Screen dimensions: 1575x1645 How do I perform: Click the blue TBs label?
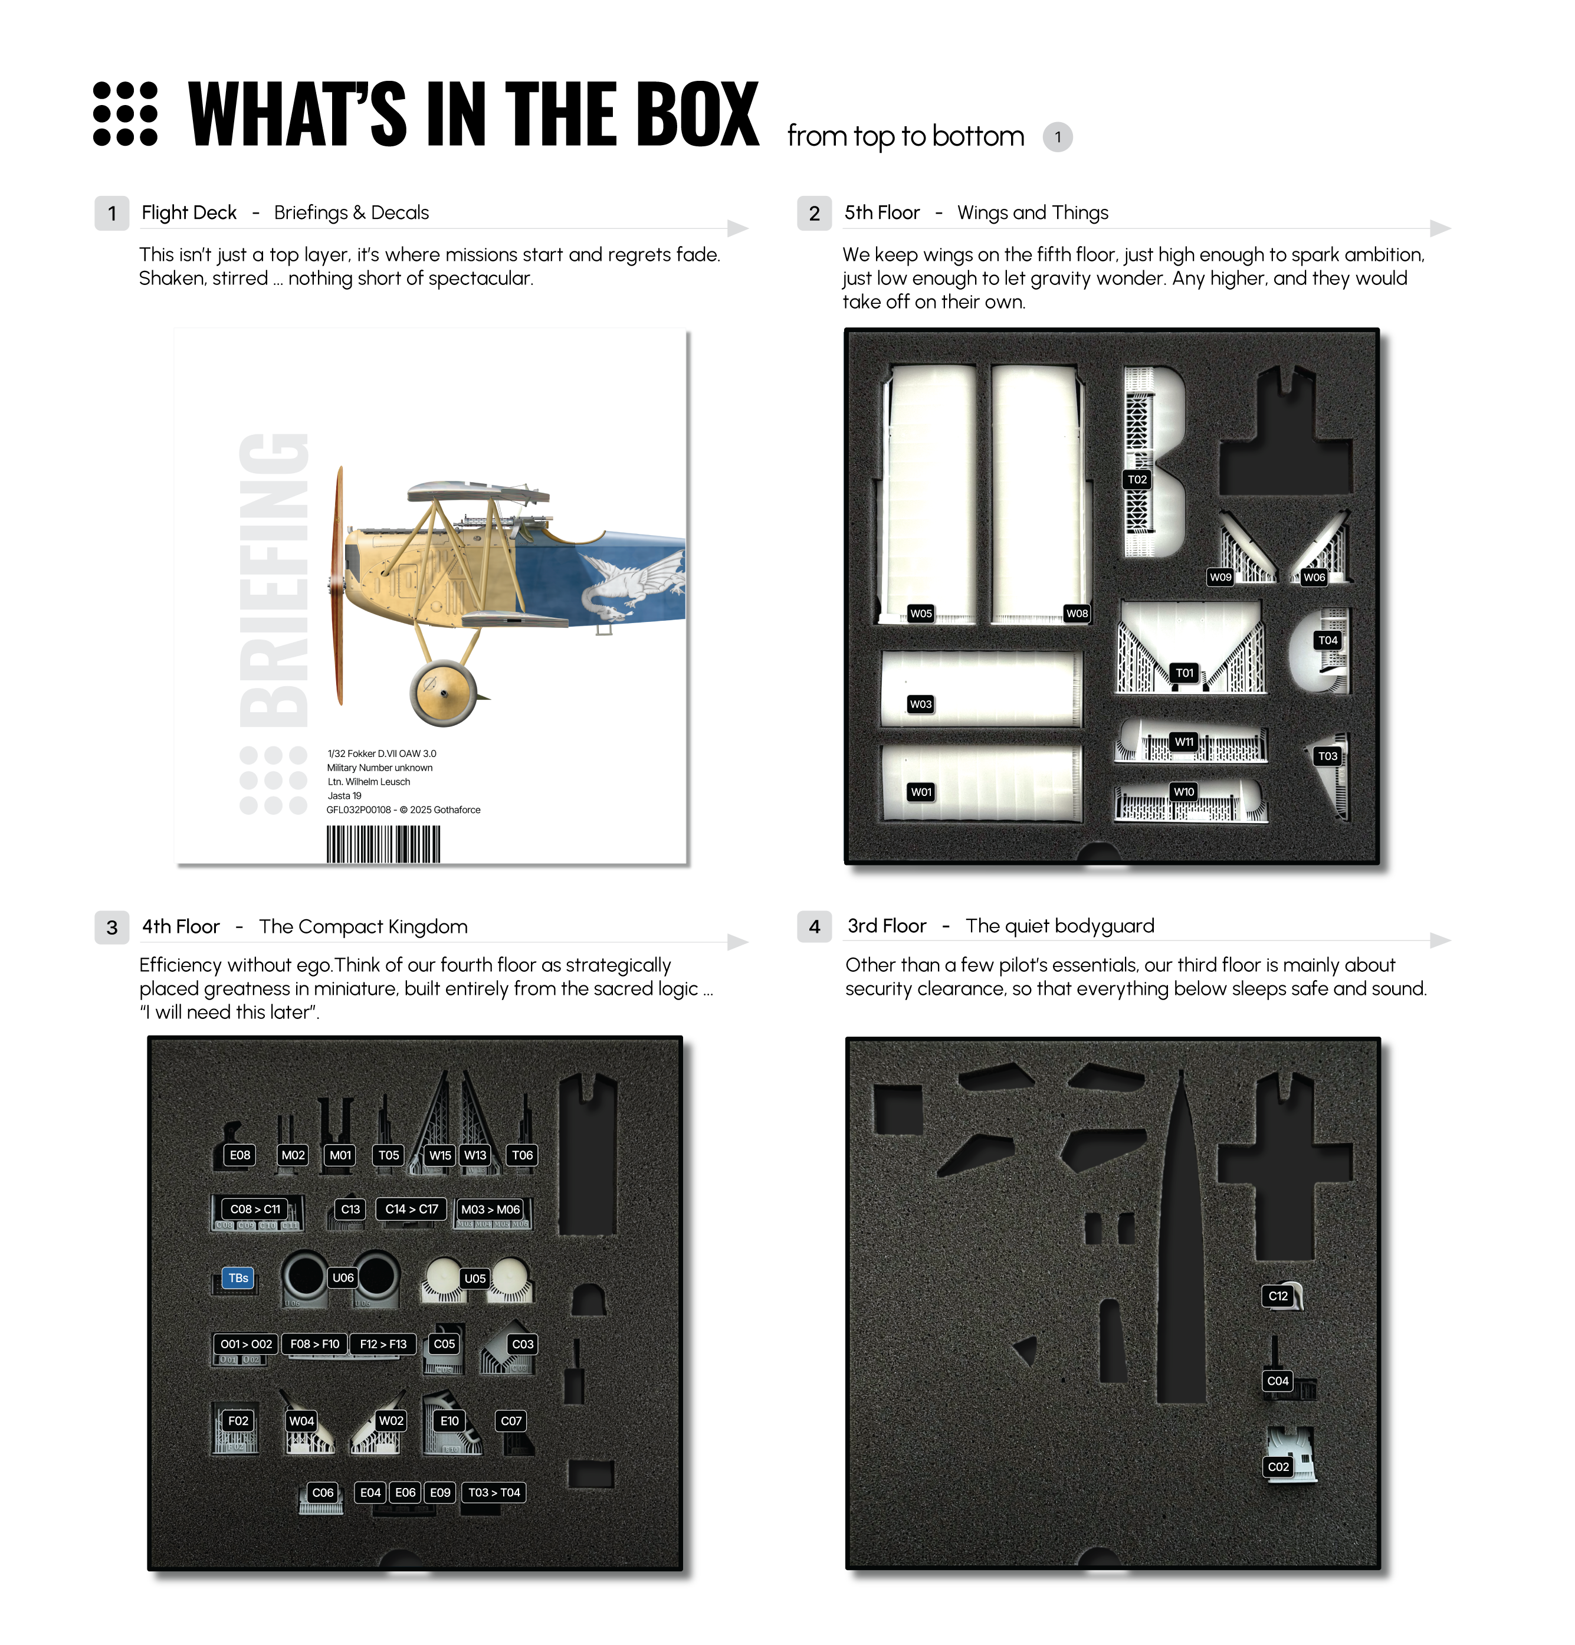point(238,1277)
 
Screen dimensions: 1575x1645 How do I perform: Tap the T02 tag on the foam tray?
point(1137,479)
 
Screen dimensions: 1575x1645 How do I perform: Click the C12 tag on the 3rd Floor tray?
point(1278,1296)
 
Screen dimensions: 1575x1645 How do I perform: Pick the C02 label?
point(1278,1467)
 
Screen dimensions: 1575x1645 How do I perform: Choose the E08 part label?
point(240,1155)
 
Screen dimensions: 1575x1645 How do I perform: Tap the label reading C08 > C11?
point(255,1208)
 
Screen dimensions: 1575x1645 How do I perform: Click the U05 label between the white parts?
point(475,1278)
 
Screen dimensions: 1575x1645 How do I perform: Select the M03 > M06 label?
point(491,1208)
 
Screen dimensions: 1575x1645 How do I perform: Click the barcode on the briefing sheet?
point(383,844)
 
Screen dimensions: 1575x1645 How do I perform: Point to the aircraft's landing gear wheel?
point(444,693)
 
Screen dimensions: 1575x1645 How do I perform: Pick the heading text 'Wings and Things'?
point(1033,213)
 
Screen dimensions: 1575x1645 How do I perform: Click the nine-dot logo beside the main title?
point(125,114)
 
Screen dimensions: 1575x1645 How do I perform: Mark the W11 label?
point(1184,741)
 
